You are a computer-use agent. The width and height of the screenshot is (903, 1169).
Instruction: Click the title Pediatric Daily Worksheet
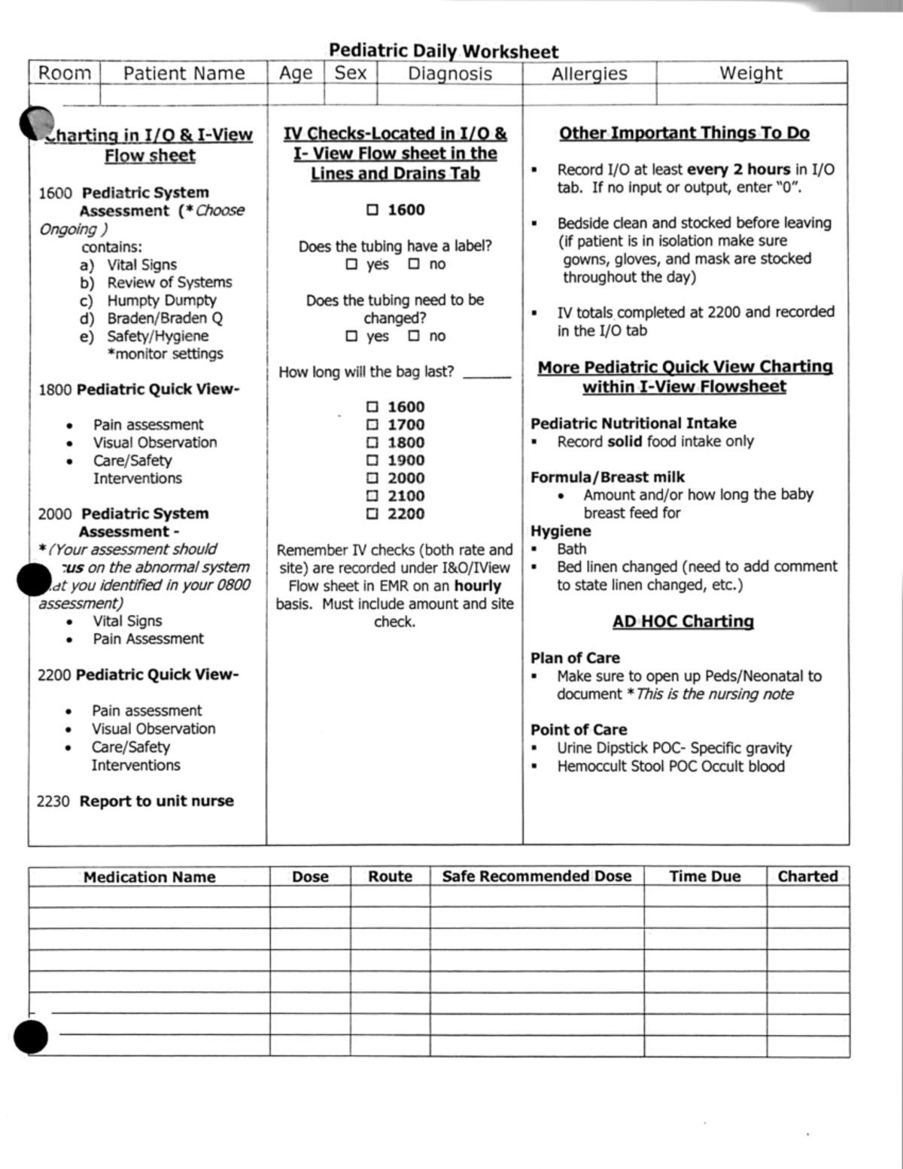(x=443, y=51)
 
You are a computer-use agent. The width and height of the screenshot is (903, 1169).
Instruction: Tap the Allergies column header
(x=589, y=74)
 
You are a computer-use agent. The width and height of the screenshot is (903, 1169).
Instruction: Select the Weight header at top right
(x=751, y=73)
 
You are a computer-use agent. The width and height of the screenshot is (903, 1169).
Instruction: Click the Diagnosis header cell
(x=450, y=74)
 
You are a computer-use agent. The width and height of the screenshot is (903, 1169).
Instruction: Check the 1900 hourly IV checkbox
(x=372, y=461)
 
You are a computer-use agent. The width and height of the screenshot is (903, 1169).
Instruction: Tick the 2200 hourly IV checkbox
(x=372, y=514)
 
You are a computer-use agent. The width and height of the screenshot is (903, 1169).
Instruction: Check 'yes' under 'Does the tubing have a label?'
(x=351, y=264)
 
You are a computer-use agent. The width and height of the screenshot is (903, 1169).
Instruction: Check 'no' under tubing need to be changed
(x=414, y=336)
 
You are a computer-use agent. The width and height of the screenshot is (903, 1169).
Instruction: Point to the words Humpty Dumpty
(x=161, y=300)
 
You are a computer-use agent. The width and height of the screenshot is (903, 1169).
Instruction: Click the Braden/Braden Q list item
(x=164, y=318)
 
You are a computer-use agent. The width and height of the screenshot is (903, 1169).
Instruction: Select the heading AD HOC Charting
(x=683, y=622)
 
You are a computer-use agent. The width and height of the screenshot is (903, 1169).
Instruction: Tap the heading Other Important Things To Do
(x=684, y=133)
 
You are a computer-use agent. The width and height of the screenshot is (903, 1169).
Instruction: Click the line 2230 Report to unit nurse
(x=135, y=801)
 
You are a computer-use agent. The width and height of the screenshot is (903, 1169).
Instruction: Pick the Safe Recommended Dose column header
(x=537, y=876)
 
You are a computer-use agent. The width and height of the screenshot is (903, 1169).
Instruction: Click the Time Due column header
(x=705, y=876)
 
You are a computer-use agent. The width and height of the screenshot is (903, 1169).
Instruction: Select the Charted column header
(x=807, y=876)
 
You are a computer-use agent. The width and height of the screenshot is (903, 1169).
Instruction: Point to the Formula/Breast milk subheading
(x=607, y=477)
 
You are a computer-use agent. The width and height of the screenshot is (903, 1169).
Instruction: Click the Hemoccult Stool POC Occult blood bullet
(x=670, y=766)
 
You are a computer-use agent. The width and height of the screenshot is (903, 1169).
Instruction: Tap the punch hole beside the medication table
(x=30, y=1037)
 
